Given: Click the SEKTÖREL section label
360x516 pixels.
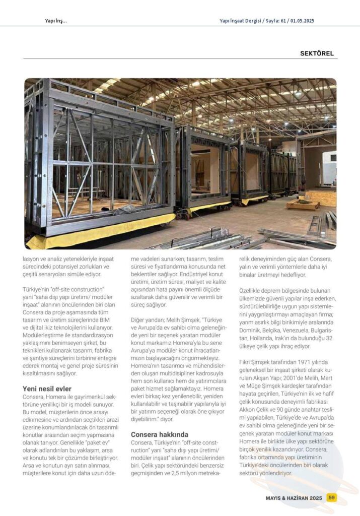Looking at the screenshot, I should pos(317,53).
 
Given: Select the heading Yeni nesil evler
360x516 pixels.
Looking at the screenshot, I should pos(47,388).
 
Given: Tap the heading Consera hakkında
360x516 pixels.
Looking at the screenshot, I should pos(160,434).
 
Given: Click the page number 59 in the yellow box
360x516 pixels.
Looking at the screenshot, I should pos(331,497).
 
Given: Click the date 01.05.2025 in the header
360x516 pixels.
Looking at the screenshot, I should pos(304,21).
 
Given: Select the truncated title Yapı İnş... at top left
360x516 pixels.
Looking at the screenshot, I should pos(55,21).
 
